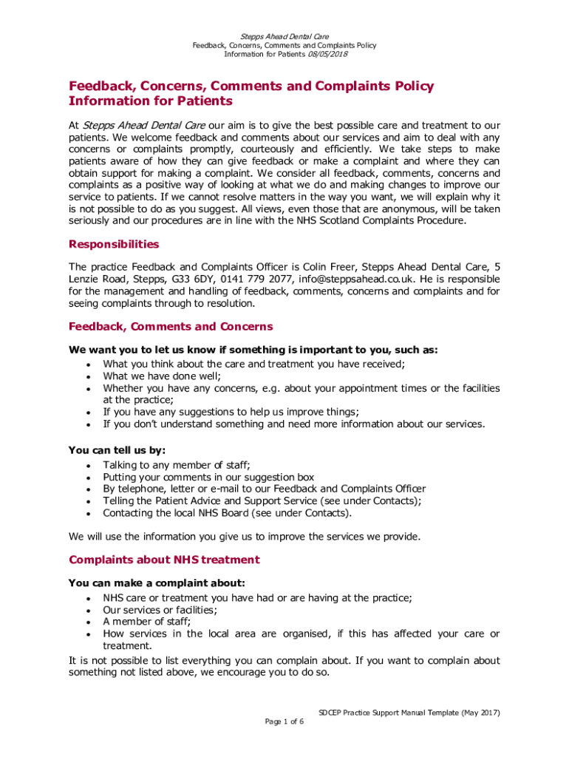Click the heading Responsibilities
113,244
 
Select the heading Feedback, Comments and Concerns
171,326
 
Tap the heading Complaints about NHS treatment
163,560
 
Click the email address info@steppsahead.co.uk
352,279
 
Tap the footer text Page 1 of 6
284,722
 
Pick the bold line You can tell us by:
117,449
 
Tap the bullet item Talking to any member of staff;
177,464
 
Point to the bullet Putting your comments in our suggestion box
208,477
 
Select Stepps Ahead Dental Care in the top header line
284,35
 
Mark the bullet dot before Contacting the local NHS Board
89,513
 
